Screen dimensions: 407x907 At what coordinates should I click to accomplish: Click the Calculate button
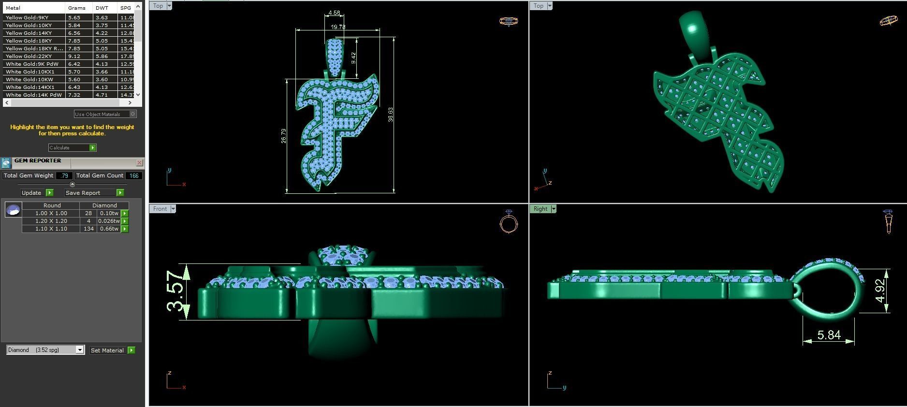(72, 147)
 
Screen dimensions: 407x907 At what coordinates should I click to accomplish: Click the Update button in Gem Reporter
(37, 192)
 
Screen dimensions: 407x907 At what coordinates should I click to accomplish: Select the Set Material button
(112, 350)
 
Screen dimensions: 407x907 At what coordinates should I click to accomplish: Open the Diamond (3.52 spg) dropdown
(80, 350)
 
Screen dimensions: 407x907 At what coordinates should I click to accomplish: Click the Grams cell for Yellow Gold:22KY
(74, 56)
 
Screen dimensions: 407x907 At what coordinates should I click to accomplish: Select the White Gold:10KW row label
(29, 79)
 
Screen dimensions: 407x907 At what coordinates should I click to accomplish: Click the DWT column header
(102, 8)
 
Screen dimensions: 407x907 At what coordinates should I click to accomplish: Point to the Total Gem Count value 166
(133, 175)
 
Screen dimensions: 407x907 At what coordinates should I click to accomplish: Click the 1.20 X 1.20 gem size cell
(51, 221)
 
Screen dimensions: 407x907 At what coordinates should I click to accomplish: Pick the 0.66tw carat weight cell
(109, 229)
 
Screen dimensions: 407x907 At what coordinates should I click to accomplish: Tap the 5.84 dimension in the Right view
(829, 334)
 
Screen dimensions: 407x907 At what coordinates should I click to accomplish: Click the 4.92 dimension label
(881, 291)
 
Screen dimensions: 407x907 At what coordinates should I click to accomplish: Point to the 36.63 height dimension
(391, 115)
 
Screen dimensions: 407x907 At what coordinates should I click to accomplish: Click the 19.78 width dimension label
(338, 27)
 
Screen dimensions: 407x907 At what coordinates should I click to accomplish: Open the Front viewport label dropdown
(173, 209)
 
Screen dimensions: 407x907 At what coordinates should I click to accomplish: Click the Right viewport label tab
(540, 209)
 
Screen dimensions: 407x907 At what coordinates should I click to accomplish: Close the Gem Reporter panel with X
(139, 162)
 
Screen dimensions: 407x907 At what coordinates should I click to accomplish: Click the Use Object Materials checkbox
(133, 114)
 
